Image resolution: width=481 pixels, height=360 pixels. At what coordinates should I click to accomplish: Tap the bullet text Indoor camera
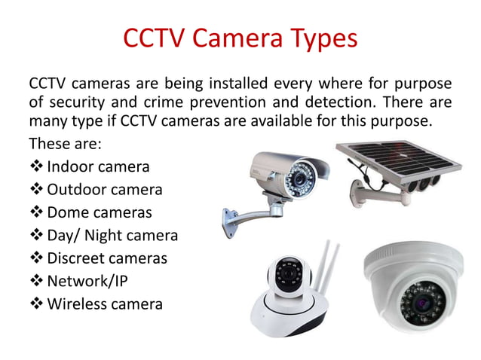tap(98, 166)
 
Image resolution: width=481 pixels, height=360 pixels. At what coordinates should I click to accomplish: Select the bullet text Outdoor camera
tap(104, 189)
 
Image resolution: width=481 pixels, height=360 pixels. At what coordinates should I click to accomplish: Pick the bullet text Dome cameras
tap(99, 212)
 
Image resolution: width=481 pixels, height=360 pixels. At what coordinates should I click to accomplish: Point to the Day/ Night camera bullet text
tap(112, 235)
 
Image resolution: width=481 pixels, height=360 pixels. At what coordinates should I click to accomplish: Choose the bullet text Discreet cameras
tap(106, 258)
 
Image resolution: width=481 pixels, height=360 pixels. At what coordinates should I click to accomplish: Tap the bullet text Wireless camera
tap(104, 304)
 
